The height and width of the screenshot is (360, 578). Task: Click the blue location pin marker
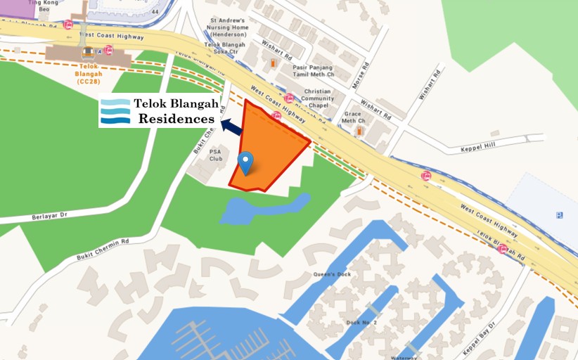[x=245, y=162]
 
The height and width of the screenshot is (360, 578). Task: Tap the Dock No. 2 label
[x=361, y=322]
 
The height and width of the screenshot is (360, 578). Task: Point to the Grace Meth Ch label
[x=352, y=117]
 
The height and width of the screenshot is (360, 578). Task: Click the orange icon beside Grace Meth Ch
[x=359, y=131]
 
